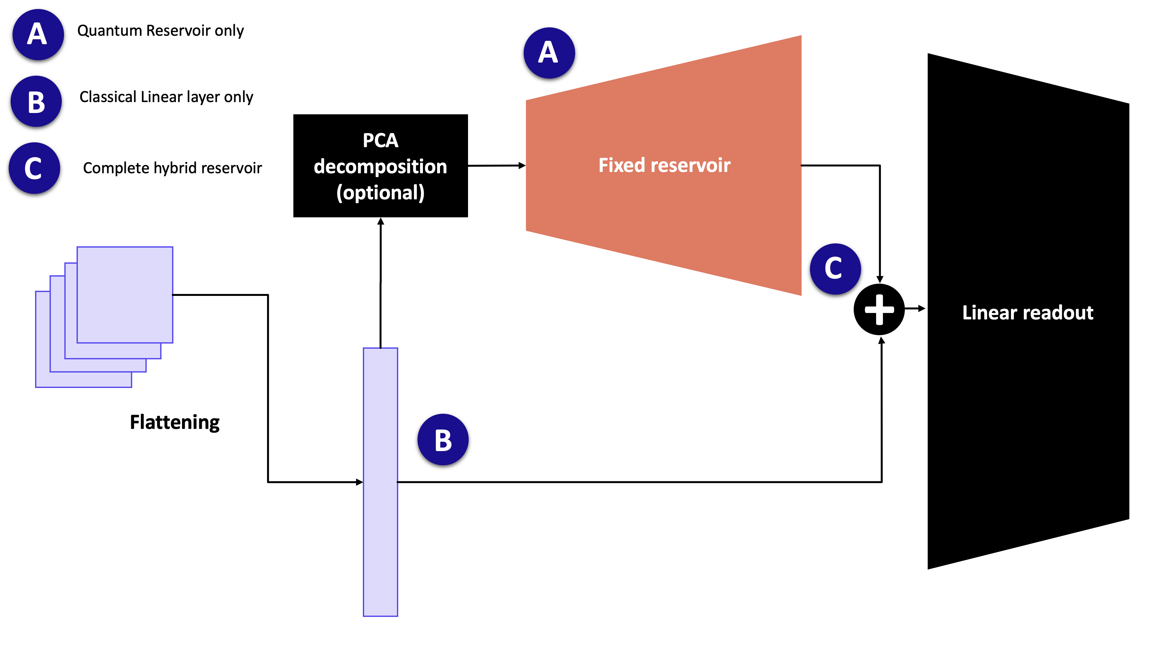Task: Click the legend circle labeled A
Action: (38, 35)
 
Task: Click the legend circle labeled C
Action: (34, 168)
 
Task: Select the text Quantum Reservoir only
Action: (161, 31)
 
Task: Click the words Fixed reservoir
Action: (664, 165)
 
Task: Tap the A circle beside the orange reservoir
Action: (549, 53)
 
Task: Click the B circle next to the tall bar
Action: (443, 439)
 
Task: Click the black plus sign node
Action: (879, 309)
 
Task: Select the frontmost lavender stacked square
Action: (125, 295)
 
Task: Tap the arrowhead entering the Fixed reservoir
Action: (522, 165)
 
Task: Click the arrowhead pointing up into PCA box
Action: (381, 222)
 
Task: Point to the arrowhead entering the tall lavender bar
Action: (359, 482)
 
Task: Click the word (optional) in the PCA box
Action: (380, 193)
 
